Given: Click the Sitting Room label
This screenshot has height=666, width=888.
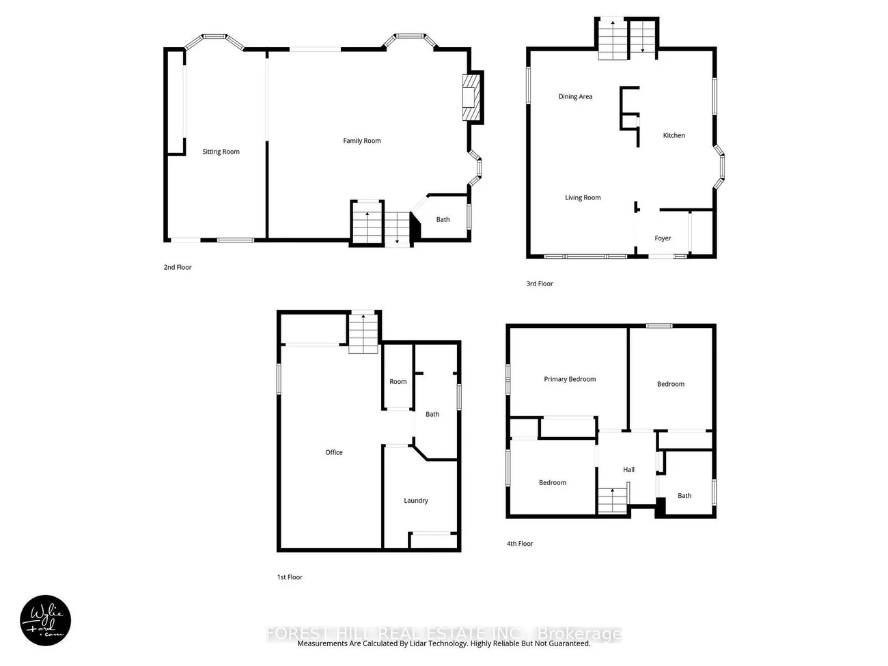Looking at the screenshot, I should coord(221,152).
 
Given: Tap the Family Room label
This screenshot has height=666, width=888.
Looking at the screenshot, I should coord(362,141).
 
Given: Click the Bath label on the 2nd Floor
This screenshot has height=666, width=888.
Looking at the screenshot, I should coord(443,219).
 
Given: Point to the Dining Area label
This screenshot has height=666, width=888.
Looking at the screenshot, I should coord(575,96).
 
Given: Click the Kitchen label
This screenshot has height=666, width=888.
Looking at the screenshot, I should coord(674,135).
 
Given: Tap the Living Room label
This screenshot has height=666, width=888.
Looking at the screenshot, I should coord(583,197).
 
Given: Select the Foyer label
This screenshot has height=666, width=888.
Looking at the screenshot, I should coord(663,238).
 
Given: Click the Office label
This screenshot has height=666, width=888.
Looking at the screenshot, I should coord(334,452).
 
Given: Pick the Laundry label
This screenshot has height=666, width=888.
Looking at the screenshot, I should coord(416,501).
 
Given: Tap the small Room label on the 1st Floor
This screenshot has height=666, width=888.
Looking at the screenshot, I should coord(398,382).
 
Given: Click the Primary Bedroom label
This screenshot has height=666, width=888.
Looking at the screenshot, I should coord(570,379).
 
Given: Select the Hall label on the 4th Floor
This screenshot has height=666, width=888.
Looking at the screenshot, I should coord(629,469).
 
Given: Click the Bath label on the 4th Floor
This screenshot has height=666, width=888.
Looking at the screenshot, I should coord(684,496).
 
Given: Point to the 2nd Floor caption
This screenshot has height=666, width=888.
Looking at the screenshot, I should coord(178,267).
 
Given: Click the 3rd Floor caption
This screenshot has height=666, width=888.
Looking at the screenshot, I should coord(540,283).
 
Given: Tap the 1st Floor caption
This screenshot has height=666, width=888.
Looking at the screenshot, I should coord(290,577).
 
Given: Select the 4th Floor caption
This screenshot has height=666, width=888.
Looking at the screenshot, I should coord(520,544).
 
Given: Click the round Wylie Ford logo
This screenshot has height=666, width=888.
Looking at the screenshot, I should coord(46,621).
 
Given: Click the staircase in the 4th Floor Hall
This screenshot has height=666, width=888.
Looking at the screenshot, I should coord(613,500).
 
